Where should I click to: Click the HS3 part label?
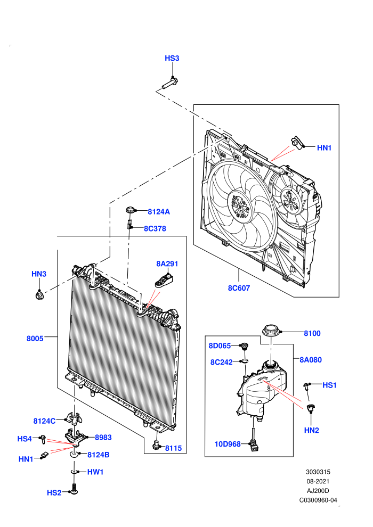[172, 58]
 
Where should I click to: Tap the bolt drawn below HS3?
[170, 83]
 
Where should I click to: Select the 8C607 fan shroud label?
[239, 288]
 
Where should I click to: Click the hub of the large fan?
[239, 205]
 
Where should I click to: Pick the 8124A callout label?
[159, 212]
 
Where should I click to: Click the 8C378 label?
[155, 228]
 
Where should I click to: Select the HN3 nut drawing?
[39, 296]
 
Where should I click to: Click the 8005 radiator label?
[35, 339]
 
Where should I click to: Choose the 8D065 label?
[220, 346]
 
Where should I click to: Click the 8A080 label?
[311, 360]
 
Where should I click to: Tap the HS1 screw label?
[329, 385]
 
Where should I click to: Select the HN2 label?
[311, 430]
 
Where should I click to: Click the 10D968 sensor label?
[228, 444]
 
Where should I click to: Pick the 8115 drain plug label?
[173, 448]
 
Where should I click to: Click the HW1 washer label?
[95, 472]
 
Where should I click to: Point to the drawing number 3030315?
[318, 472]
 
